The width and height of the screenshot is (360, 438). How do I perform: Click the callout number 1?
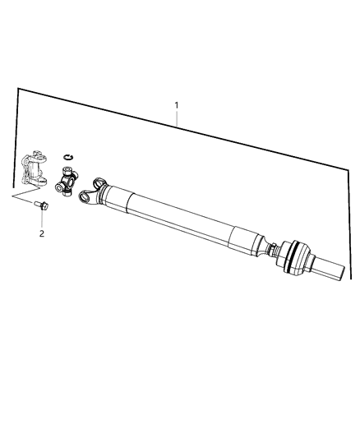point(176,105)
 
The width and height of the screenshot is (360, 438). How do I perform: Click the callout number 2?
point(42,233)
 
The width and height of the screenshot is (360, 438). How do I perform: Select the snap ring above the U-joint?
point(68,157)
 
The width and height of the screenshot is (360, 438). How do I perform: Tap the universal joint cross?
point(67,181)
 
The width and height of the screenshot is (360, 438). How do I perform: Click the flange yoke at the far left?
point(34,168)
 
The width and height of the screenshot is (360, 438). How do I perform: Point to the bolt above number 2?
point(41,205)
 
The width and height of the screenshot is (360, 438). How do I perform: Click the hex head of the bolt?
point(44,206)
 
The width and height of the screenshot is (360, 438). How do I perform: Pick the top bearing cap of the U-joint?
point(68,170)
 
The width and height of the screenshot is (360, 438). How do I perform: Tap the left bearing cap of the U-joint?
point(58,187)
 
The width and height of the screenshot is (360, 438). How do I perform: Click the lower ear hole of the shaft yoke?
point(84,198)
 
